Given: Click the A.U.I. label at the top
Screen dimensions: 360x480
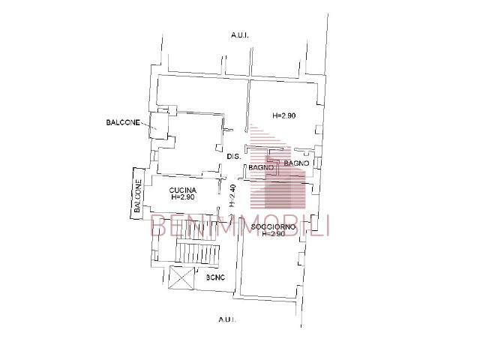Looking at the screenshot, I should click(241, 35).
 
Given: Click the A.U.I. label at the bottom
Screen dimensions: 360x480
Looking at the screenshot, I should click(227, 319).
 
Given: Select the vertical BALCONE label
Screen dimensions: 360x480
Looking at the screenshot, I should click(138, 197).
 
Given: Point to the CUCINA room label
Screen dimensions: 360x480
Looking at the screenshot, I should click(183, 190).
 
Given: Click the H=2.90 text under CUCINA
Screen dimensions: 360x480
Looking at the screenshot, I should click(183, 198).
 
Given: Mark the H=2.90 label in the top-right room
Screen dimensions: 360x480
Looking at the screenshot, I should click(284, 116).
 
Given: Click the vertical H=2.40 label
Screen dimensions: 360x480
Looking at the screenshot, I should click(233, 196).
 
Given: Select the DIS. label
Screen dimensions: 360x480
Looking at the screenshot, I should click(232, 157).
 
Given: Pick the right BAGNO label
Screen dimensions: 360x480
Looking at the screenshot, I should click(297, 163).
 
